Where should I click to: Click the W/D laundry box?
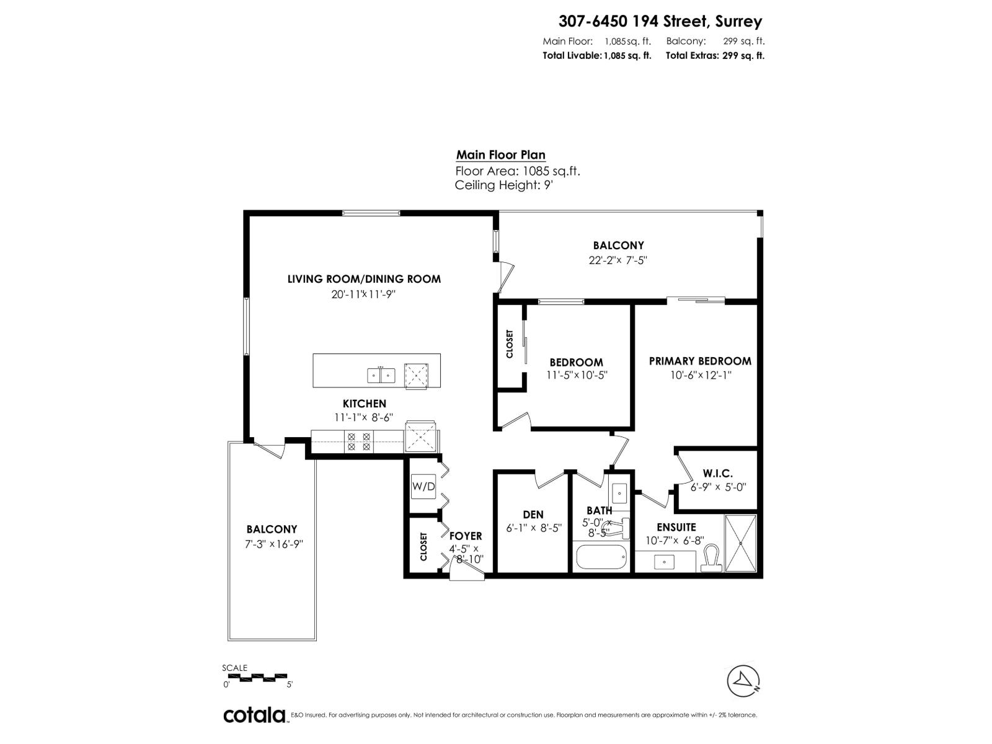pyautogui.click(x=423, y=486)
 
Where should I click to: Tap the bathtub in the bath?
pyautogui.click(x=601, y=556)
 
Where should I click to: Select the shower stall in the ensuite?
pyautogui.click(x=740, y=543)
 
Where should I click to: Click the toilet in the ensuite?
pyautogui.click(x=712, y=559)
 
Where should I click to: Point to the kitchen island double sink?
pyautogui.click(x=381, y=375)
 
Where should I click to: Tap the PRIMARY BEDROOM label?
pyautogui.click(x=699, y=361)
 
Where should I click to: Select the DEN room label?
pyautogui.click(x=533, y=514)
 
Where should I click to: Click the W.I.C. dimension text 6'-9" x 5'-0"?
pyautogui.click(x=718, y=487)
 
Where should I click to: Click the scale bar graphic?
pyautogui.click(x=255, y=676)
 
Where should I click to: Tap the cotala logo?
pyautogui.click(x=254, y=715)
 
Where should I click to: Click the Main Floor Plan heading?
pyautogui.click(x=500, y=155)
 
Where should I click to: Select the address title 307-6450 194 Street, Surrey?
pyautogui.click(x=660, y=21)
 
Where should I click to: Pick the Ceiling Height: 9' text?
pyautogui.click(x=503, y=185)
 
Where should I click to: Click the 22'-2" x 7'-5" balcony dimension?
pyautogui.click(x=618, y=260)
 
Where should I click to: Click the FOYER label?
pyautogui.click(x=465, y=536)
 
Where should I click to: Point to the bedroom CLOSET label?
pyautogui.click(x=510, y=343)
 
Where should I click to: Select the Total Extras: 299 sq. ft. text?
pyautogui.click(x=715, y=55)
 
